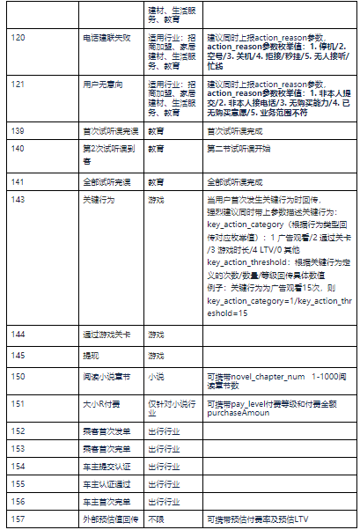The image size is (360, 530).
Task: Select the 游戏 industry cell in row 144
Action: click(x=157, y=335)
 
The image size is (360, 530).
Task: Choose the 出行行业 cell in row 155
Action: click(x=165, y=484)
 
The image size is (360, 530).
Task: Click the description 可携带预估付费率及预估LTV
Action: click(x=256, y=519)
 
